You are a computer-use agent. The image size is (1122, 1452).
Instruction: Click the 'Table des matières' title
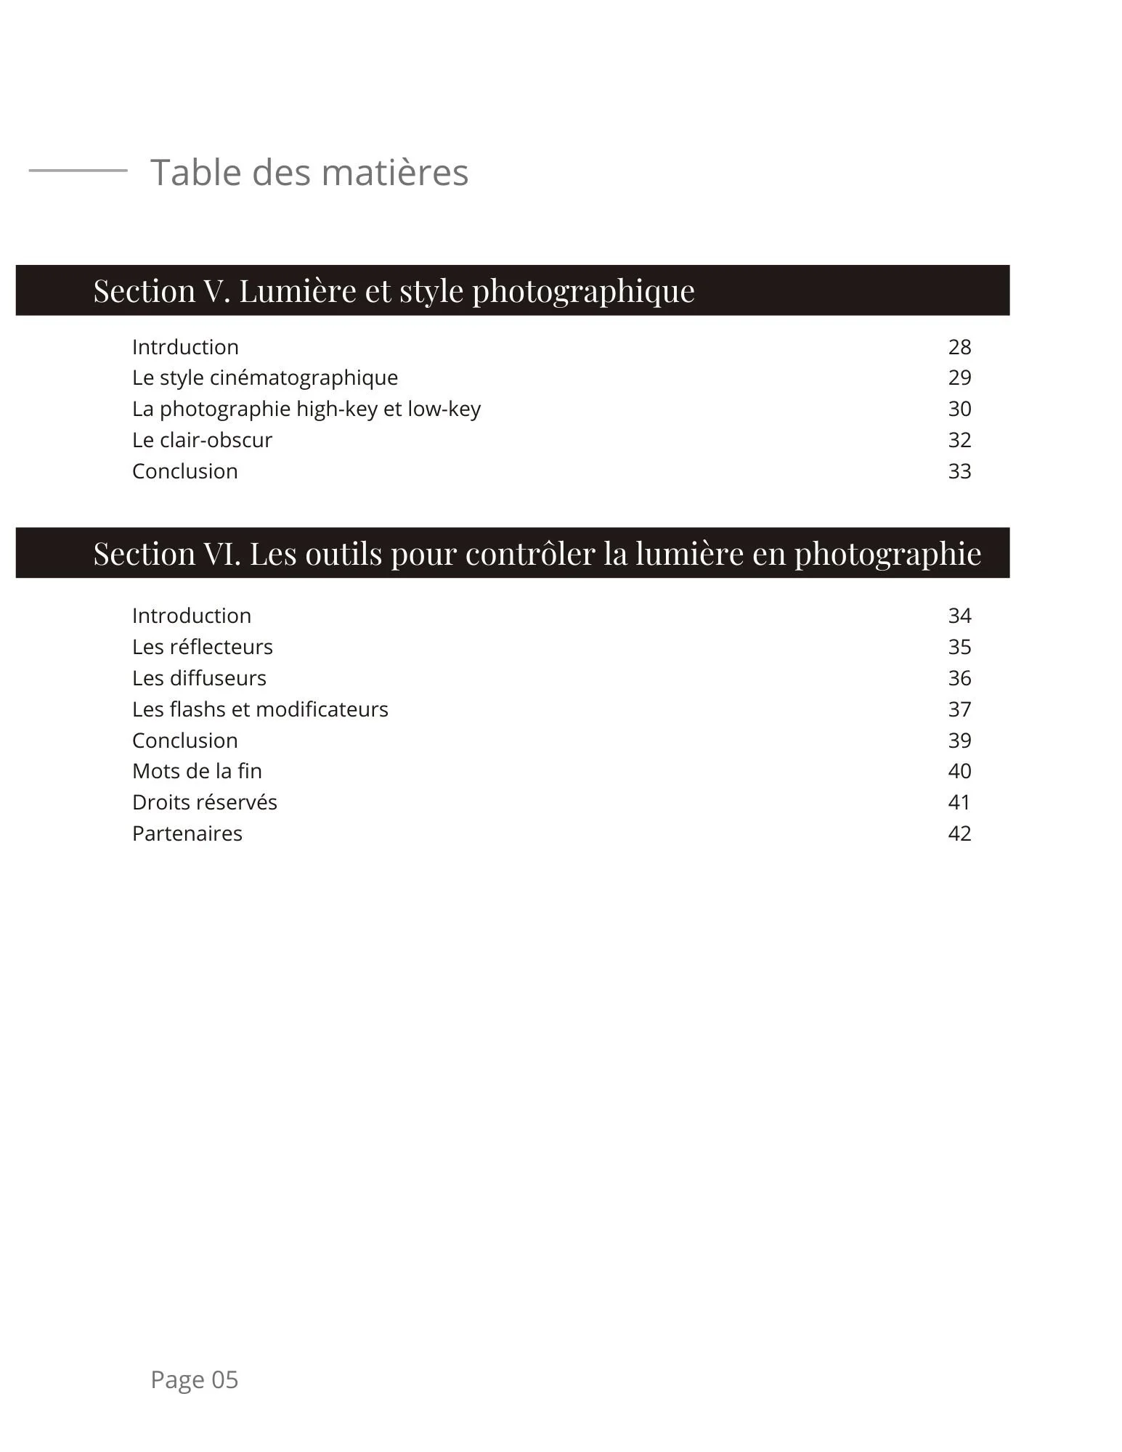pyautogui.click(x=309, y=173)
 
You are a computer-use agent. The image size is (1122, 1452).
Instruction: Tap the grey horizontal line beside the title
pyautogui.click(x=78, y=171)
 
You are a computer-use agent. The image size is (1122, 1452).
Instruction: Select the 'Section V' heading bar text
pyautogui.click(x=394, y=291)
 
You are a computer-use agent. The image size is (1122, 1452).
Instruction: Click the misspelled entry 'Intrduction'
pyautogui.click(x=185, y=347)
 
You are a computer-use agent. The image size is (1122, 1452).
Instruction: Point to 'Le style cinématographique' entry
pyautogui.click(x=265, y=378)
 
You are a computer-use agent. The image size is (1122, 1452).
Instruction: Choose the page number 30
pyautogui.click(x=959, y=409)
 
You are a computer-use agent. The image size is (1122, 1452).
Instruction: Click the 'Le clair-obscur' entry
pyautogui.click(x=202, y=440)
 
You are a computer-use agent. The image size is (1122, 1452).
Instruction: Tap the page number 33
pyautogui.click(x=959, y=471)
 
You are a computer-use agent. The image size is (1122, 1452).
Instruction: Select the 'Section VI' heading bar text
pyautogui.click(x=537, y=554)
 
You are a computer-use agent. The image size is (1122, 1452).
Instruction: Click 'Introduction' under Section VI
pyautogui.click(x=192, y=616)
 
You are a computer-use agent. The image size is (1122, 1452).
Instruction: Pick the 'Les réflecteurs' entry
pyautogui.click(x=203, y=647)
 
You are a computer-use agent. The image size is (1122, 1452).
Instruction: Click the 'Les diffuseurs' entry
pyautogui.click(x=199, y=678)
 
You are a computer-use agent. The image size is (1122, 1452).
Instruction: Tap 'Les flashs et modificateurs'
pyautogui.click(x=260, y=709)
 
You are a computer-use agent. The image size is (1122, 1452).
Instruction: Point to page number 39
pyautogui.click(x=959, y=741)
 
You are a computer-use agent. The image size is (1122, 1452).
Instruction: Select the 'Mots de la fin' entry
pyautogui.click(x=197, y=771)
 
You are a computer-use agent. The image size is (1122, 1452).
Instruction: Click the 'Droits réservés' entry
pyautogui.click(x=205, y=802)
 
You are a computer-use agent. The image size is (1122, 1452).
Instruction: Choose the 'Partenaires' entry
pyautogui.click(x=187, y=833)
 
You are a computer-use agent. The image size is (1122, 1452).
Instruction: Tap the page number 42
pyautogui.click(x=959, y=833)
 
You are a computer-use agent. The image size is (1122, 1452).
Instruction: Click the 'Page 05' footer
pyautogui.click(x=194, y=1379)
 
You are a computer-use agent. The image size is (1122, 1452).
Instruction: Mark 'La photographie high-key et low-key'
pyautogui.click(x=306, y=409)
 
